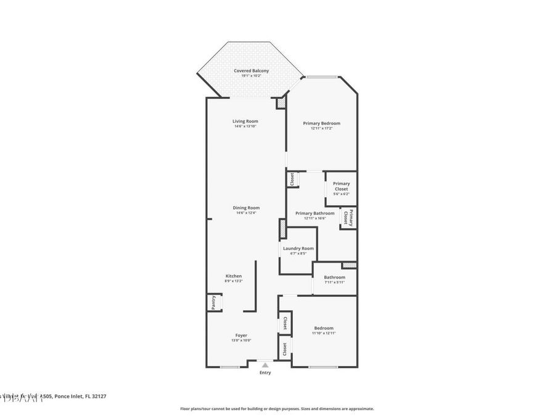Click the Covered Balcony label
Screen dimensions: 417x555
(251, 71)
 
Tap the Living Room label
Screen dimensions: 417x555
(245, 121)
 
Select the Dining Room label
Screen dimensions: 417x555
(246, 208)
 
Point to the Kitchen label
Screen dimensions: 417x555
(233, 276)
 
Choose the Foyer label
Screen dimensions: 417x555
(241, 335)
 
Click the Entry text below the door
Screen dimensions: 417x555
(265, 373)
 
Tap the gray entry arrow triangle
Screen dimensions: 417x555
(265, 365)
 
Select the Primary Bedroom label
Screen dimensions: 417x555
(321, 124)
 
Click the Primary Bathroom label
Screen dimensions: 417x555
(319, 213)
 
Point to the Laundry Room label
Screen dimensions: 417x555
(298, 248)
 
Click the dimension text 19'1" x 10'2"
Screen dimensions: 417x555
(251, 76)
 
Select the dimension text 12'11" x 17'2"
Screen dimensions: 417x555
(321, 128)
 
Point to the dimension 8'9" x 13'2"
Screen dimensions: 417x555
(233, 281)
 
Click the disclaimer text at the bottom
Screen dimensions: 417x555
(277, 408)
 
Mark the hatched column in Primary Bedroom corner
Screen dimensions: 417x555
(281, 104)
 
